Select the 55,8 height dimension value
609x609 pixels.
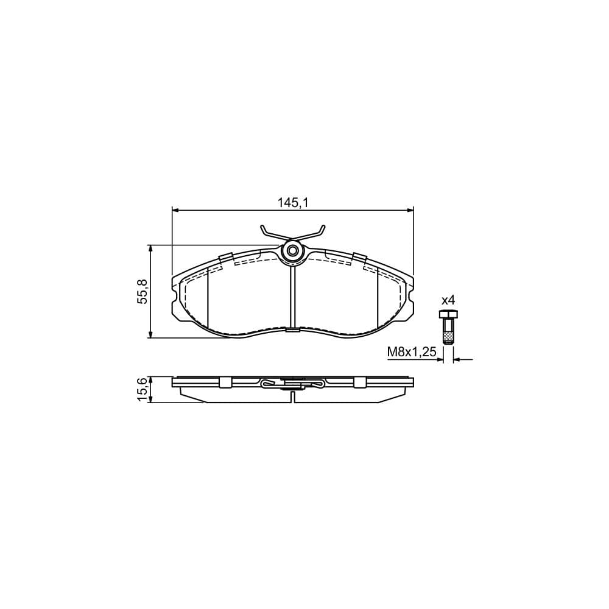click(x=143, y=291)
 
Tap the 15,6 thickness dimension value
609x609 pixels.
click(x=143, y=389)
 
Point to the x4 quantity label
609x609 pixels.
click(x=448, y=300)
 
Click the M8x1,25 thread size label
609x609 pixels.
click(x=412, y=352)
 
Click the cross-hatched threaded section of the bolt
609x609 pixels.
click(x=448, y=336)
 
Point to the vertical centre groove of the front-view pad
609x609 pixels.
click(x=293, y=298)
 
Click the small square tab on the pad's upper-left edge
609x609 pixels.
click(x=226, y=258)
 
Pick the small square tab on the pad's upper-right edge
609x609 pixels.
click(x=360, y=258)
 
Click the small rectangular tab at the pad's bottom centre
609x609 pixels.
click(x=293, y=331)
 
